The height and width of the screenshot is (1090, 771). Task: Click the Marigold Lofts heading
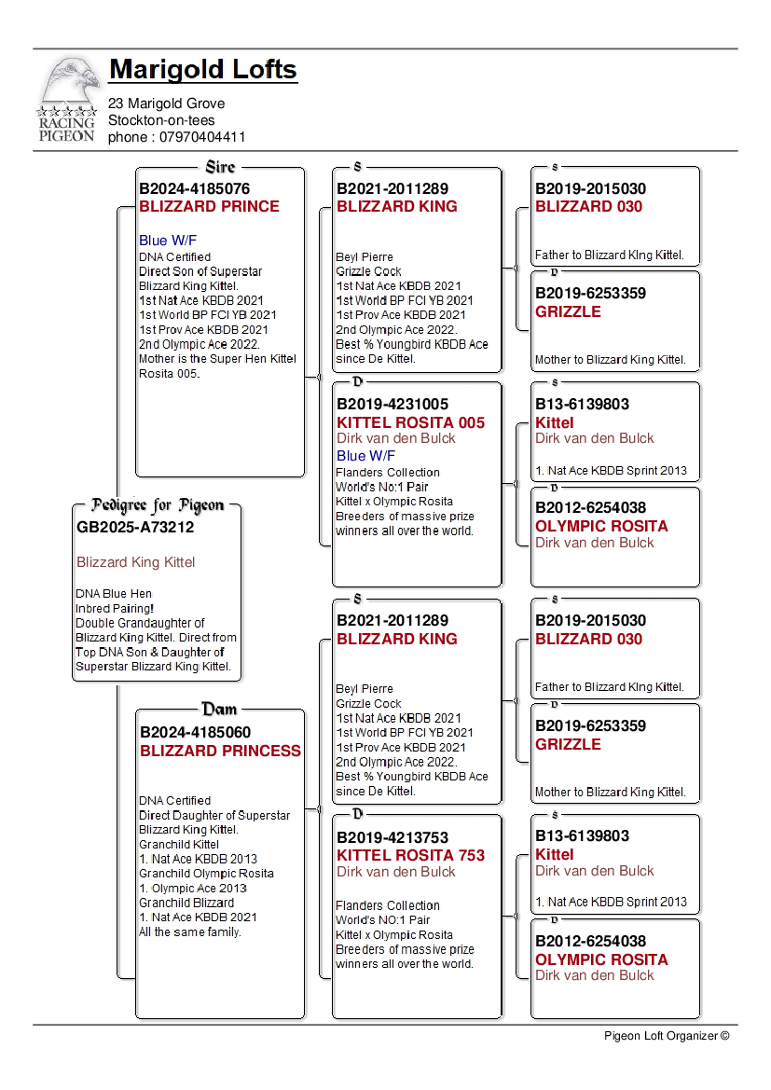click(x=202, y=70)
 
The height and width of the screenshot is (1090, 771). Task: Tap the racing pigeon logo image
click(x=67, y=99)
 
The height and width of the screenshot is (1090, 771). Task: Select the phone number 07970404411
click(x=177, y=137)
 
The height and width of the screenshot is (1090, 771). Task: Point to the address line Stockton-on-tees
click(x=161, y=120)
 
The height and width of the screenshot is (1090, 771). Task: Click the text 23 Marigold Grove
click(x=166, y=103)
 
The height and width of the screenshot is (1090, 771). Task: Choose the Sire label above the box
click(x=220, y=167)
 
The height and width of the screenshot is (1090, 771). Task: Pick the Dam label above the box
click(x=220, y=710)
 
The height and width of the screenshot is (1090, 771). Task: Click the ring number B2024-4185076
click(x=194, y=188)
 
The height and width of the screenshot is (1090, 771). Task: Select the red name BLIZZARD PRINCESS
click(x=220, y=751)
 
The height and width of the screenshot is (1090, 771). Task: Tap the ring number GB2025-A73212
click(x=135, y=527)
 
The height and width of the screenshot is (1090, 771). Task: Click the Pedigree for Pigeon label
click(x=158, y=505)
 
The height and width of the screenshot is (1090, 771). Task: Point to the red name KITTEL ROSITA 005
click(x=410, y=422)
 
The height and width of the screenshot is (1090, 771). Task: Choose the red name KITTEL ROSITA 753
click(x=410, y=855)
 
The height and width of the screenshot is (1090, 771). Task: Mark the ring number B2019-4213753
click(x=392, y=836)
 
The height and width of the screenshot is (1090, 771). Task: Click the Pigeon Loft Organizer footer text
click(x=666, y=1035)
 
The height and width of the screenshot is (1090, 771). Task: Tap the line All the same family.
click(x=189, y=931)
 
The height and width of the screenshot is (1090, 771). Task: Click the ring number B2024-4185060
click(x=195, y=732)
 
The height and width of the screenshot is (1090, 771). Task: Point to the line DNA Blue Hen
click(x=114, y=593)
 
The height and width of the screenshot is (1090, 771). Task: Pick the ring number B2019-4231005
click(x=392, y=404)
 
